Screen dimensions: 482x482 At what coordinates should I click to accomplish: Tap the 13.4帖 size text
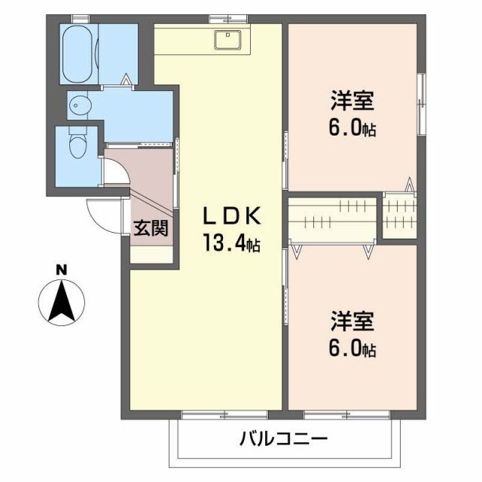(x=231, y=243)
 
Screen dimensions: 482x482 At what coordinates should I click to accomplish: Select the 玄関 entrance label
(x=151, y=228)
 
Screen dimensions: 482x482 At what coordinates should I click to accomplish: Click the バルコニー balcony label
(x=284, y=438)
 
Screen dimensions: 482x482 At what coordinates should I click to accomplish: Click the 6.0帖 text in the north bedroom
(x=352, y=128)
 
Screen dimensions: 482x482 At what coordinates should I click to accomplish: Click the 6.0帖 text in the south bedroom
(x=352, y=349)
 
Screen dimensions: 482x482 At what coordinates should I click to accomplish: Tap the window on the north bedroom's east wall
(x=420, y=105)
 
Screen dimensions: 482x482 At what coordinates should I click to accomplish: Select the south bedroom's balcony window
(x=346, y=413)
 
